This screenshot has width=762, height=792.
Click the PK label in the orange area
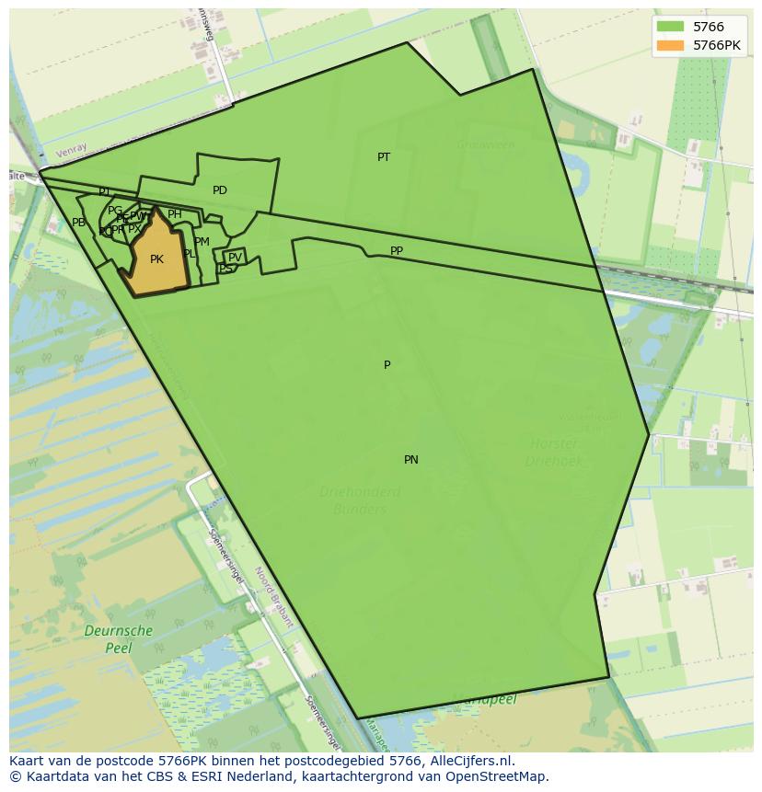[x=156, y=259]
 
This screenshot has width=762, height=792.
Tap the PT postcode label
[x=384, y=157]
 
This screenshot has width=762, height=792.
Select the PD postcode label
[x=220, y=190]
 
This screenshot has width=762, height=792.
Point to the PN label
[x=411, y=460]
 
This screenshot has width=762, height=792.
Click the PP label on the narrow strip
[x=397, y=251]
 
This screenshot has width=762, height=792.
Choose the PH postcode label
[x=174, y=214]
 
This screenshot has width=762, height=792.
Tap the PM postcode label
[x=202, y=242]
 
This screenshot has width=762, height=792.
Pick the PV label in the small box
[x=235, y=258]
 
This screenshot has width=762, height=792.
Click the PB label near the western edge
[x=79, y=223]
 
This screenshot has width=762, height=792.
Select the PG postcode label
[x=114, y=211]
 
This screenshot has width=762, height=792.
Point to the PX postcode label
[x=134, y=229]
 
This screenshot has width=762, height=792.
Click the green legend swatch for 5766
[x=670, y=27]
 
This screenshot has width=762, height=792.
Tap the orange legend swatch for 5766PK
[x=670, y=45]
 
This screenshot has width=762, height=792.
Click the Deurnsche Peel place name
[x=118, y=639]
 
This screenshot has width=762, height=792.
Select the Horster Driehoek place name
[x=554, y=453]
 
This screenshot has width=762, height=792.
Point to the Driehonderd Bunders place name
[x=360, y=500]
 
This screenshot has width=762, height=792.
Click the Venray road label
[x=70, y=151]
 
